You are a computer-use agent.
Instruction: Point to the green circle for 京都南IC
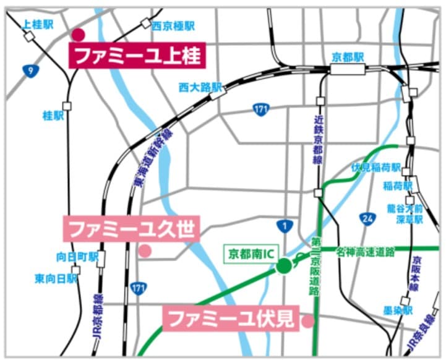(283, 267)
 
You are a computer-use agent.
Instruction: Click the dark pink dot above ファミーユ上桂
(78, 35)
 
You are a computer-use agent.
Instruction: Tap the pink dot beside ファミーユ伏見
(307, 321)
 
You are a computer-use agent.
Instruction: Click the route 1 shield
(285, 226)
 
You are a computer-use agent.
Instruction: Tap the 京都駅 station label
(346, 56)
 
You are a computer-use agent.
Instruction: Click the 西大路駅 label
(200, 87)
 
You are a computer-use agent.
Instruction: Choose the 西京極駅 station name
(173, 26)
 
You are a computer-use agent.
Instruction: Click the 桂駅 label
(53, 116)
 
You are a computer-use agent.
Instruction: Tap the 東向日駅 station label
(56, 278)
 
